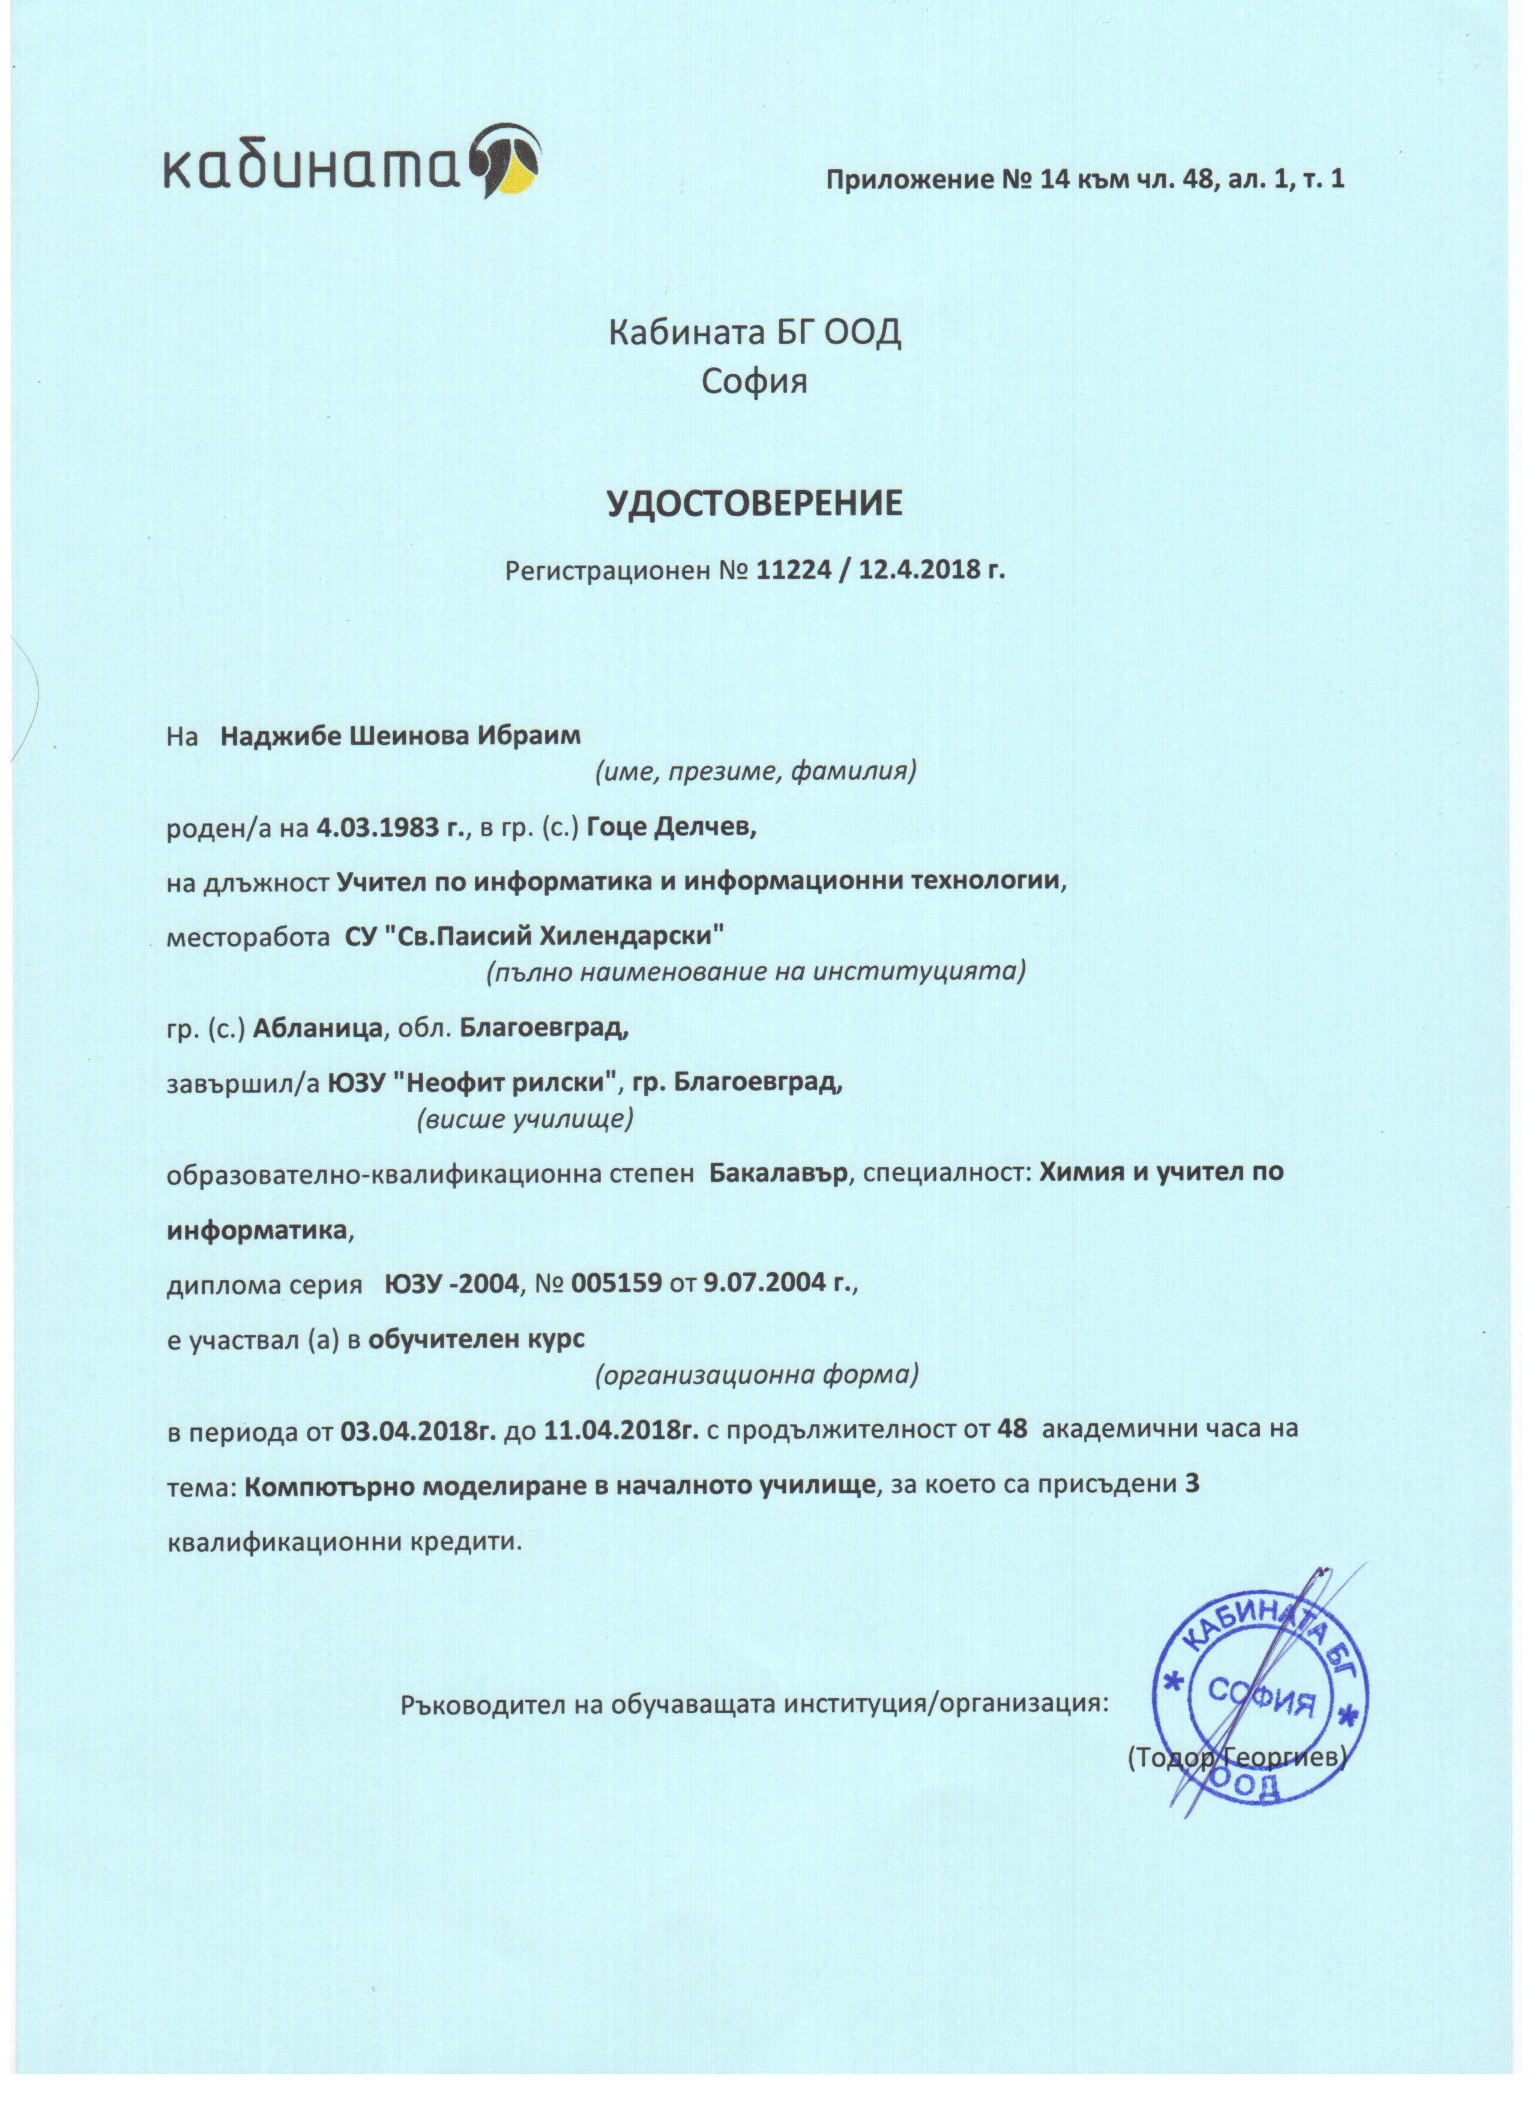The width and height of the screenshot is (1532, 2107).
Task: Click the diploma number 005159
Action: point(617,1285)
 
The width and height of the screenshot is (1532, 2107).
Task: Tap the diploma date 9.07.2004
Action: point(757,1285)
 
